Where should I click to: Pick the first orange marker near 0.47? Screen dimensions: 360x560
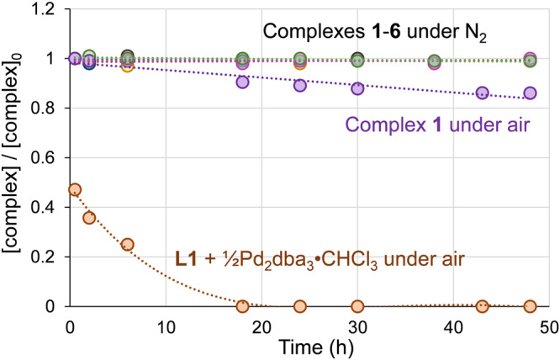point(75,190)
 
